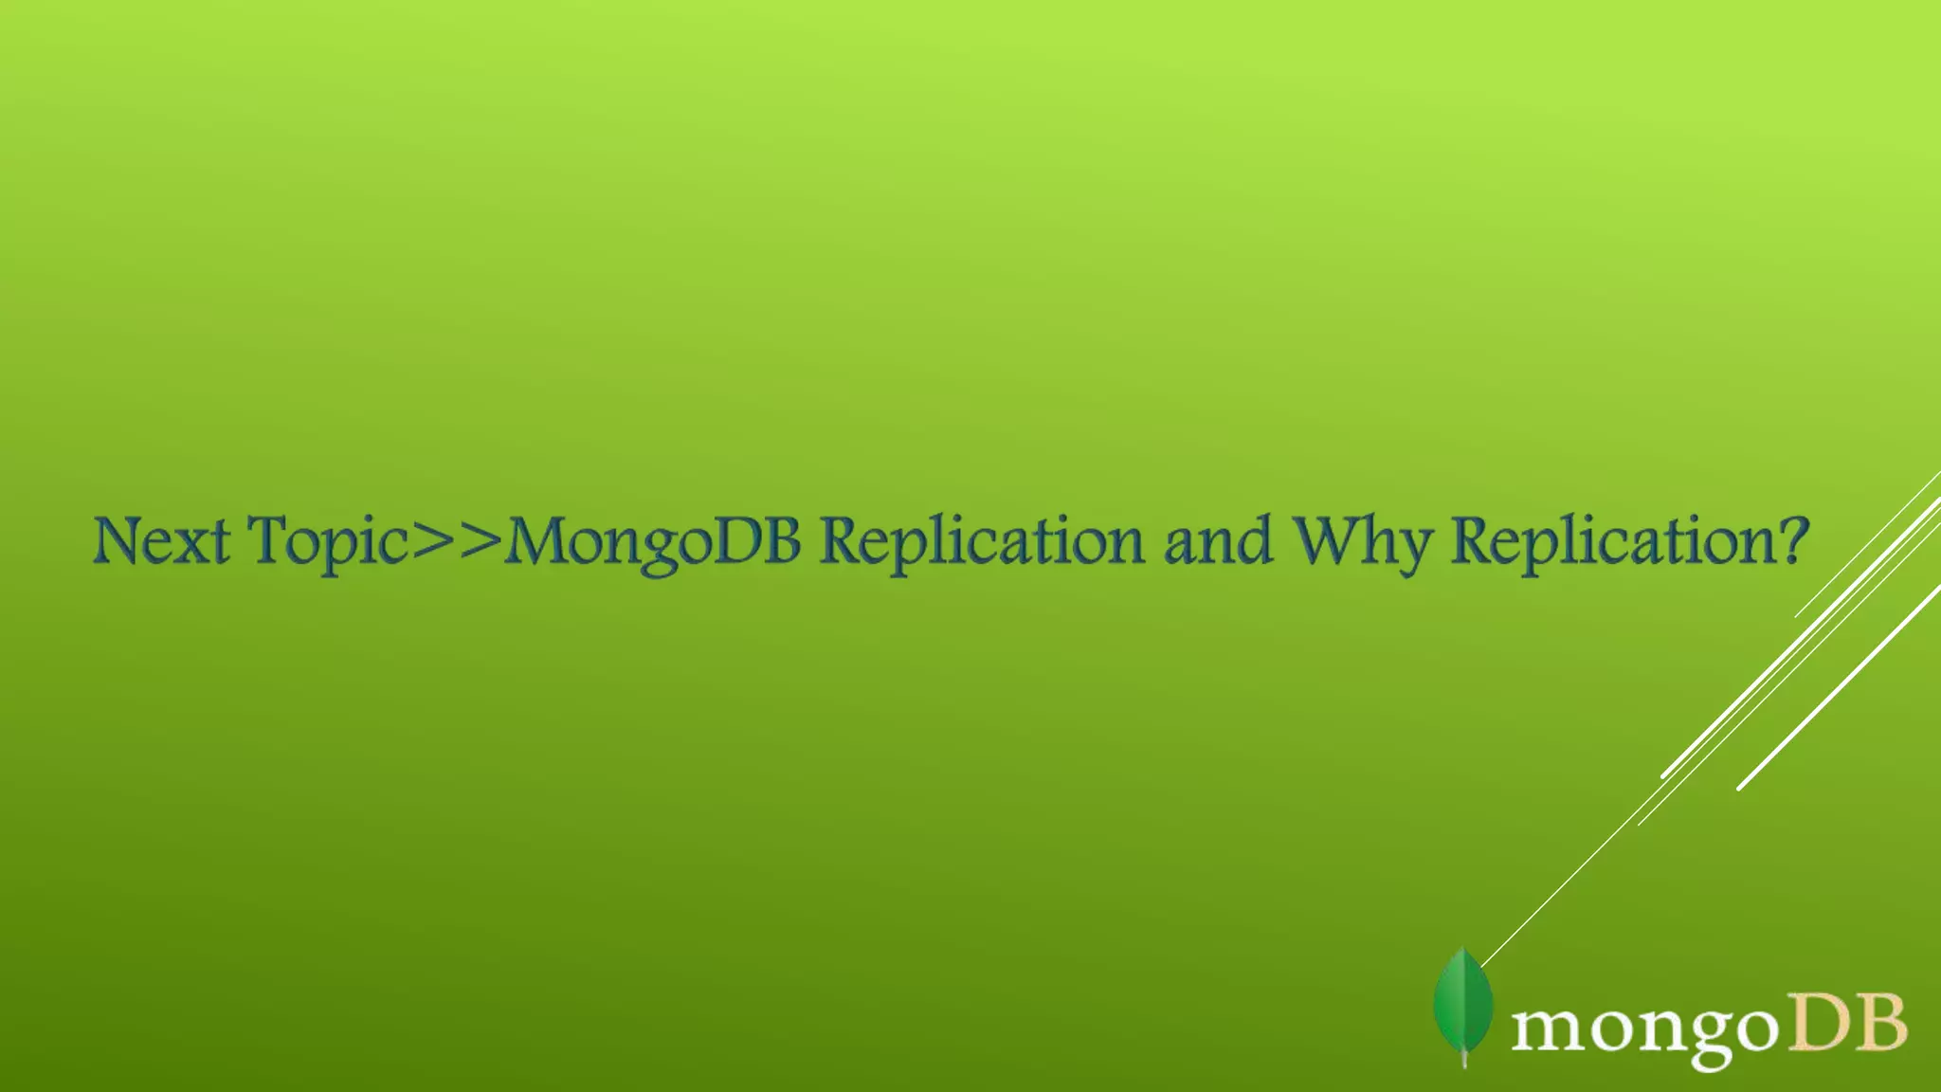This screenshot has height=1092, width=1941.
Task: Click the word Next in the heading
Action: pyautogui.click(x=161, y=541)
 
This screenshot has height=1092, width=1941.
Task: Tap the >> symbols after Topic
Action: pyautogui.click(x=456, y=541)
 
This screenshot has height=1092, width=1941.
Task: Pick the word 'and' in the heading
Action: pyautogui.click(x=1217, y=541)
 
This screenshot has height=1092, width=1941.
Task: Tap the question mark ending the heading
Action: pyautogui.click(x=1791, y=541)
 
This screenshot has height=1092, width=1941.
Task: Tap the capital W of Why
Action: pyautogui.click(x=1331, y=541)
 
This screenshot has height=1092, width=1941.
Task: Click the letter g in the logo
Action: pyautogui.click(x=1696, y=1038)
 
